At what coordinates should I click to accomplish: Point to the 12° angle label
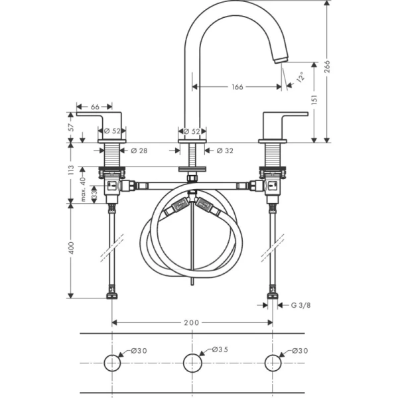click(298, 78)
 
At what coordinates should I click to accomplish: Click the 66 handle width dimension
click(94, 106)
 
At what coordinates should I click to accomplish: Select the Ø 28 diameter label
click(139, 151)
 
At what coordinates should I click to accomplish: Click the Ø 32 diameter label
click(225, 151)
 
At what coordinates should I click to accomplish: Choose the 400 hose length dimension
click(71, 249)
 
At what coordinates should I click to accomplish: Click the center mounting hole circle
click(192, 362)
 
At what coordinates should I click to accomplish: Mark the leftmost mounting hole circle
click(112, 362)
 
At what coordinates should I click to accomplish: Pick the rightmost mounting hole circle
click(273, 362)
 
